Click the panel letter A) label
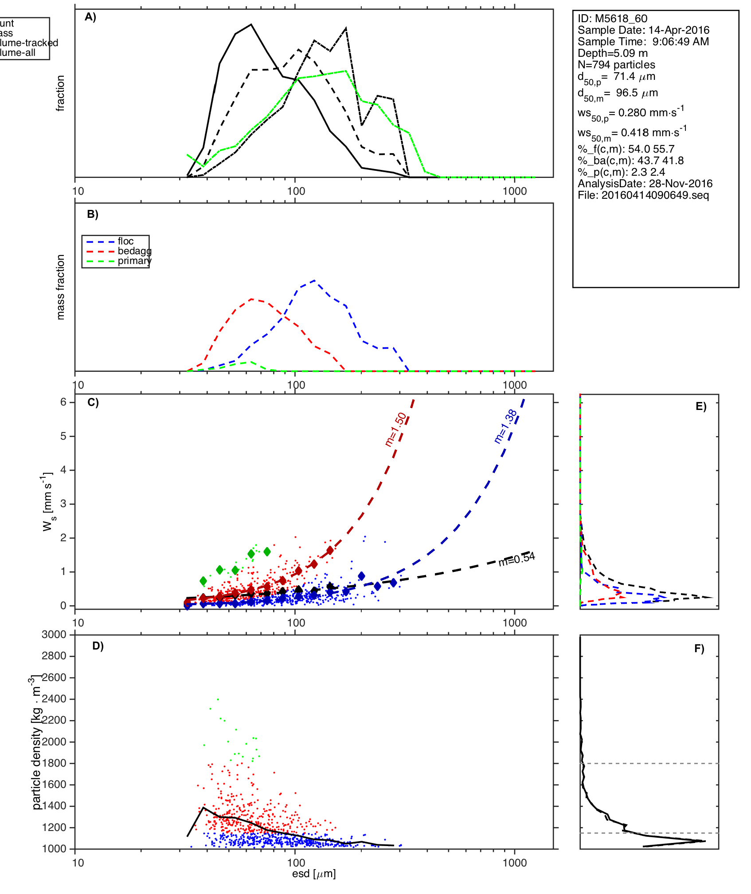click(90, 17)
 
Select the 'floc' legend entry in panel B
click(125, 241)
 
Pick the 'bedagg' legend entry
click(134, 251)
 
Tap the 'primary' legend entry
click(134, 261)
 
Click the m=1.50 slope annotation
click(395, 429)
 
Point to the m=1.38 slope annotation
click(505, 426)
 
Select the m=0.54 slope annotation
click(516, 559)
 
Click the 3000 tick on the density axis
click(54, 634)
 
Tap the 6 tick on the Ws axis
click(63, 402)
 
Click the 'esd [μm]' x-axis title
click(314, 874)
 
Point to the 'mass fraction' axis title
click(61, 287)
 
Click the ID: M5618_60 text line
click(612, 19)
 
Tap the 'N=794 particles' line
click(616, 65)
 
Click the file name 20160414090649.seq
click(643, 195)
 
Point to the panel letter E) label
click(701, 406)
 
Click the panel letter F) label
click(699, 649)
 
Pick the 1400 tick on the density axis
click(54, 806)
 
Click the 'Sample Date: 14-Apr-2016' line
click(643, 30)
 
